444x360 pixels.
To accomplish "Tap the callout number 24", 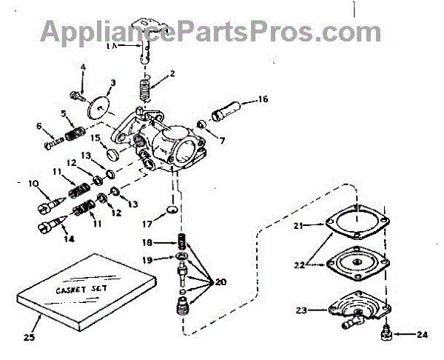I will (421, 334).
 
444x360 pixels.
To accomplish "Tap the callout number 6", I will (39, 126).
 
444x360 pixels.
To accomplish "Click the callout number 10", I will (33, 184).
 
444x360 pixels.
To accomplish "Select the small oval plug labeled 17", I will (170, 212).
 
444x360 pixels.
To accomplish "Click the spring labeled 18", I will (181, 242).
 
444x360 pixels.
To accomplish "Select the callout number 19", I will (147, 260).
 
